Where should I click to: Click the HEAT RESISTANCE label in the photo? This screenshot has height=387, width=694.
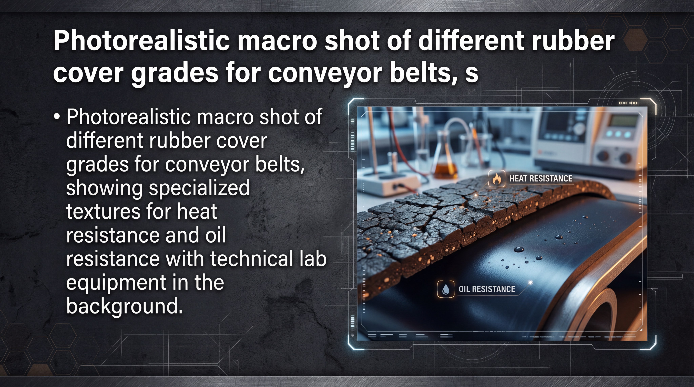click(541, 178)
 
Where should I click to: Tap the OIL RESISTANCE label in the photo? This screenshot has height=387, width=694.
click(487, 289)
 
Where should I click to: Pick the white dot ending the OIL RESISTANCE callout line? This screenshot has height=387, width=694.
click(530, 282)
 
